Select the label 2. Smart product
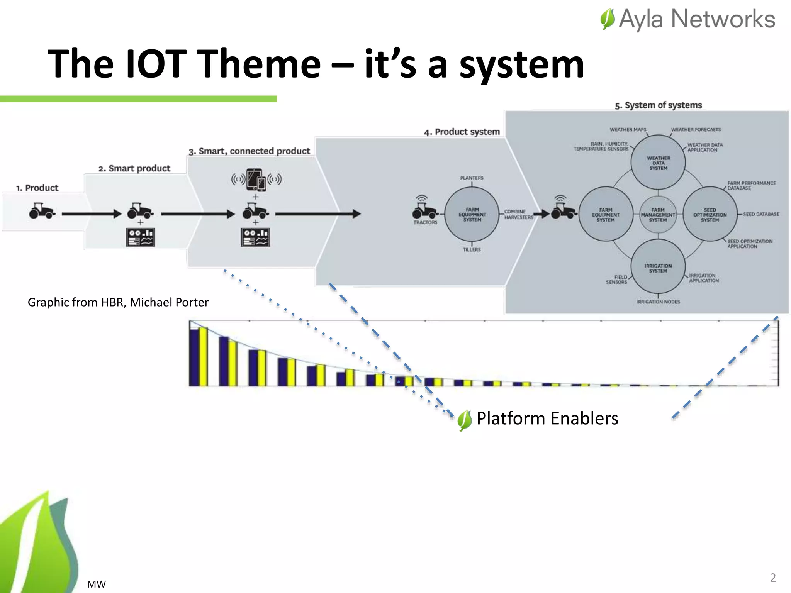134,168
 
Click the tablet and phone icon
256,180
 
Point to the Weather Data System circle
658,163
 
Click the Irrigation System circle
658,268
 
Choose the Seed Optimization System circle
710,215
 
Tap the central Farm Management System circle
658,215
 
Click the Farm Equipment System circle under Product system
472,214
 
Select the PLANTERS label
472,178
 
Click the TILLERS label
472,250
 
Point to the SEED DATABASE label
761,214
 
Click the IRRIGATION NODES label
658,302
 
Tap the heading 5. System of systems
658,105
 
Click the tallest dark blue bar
194,357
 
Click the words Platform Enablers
547,418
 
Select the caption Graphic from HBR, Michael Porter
118,302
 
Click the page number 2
772,578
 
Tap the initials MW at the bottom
96,584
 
